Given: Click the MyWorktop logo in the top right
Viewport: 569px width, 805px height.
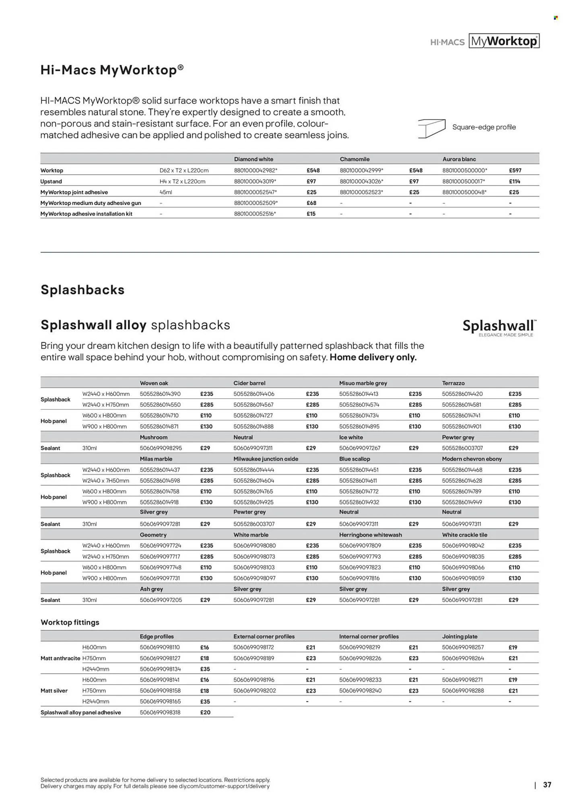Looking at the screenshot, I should click(x=504, y=41).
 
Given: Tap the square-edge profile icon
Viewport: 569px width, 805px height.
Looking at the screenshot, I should click(x=431, y=128).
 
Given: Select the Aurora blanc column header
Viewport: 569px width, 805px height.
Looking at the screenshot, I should click(x=459, y=159).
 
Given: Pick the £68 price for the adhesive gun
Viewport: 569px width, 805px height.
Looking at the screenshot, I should click(x=311, y=203).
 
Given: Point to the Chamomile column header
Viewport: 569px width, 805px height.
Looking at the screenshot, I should click(x=355, y=159).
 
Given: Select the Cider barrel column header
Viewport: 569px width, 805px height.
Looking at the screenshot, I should click(x=249, y=383).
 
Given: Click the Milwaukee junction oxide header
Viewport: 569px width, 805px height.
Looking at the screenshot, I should click(x=266, y=459).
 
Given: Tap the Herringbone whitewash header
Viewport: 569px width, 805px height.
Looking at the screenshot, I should click(x=370, y=535).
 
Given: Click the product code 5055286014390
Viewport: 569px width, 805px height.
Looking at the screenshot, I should click(x=160, y=394).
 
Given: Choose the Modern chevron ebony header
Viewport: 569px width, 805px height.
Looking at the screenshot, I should click(x=472, y=459).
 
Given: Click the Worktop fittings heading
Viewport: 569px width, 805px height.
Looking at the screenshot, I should click(x=70, y=622).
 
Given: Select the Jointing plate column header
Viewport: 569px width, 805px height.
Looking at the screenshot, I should click(x=460, y=636).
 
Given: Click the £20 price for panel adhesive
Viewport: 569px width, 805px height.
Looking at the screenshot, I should click(x=205, y=712).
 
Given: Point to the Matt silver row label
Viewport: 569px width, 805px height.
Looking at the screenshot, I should click(x=54, y=690).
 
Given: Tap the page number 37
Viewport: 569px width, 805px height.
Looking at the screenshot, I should click(x=547, y=784).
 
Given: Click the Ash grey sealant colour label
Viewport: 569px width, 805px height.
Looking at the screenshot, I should click(x=151, y=589).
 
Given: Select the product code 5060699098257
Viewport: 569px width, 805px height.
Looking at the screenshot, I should click(x=462, y=647).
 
